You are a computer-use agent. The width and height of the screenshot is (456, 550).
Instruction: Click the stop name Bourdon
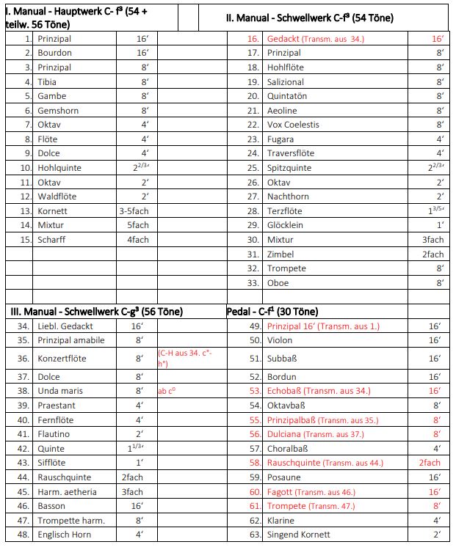[x=54, y=53]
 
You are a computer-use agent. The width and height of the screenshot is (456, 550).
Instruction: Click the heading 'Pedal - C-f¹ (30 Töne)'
[x=272, y=311]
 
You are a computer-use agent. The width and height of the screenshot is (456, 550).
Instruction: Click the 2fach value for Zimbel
[x=433, y=254]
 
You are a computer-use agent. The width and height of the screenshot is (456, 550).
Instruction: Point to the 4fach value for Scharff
[x=138, y=239]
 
